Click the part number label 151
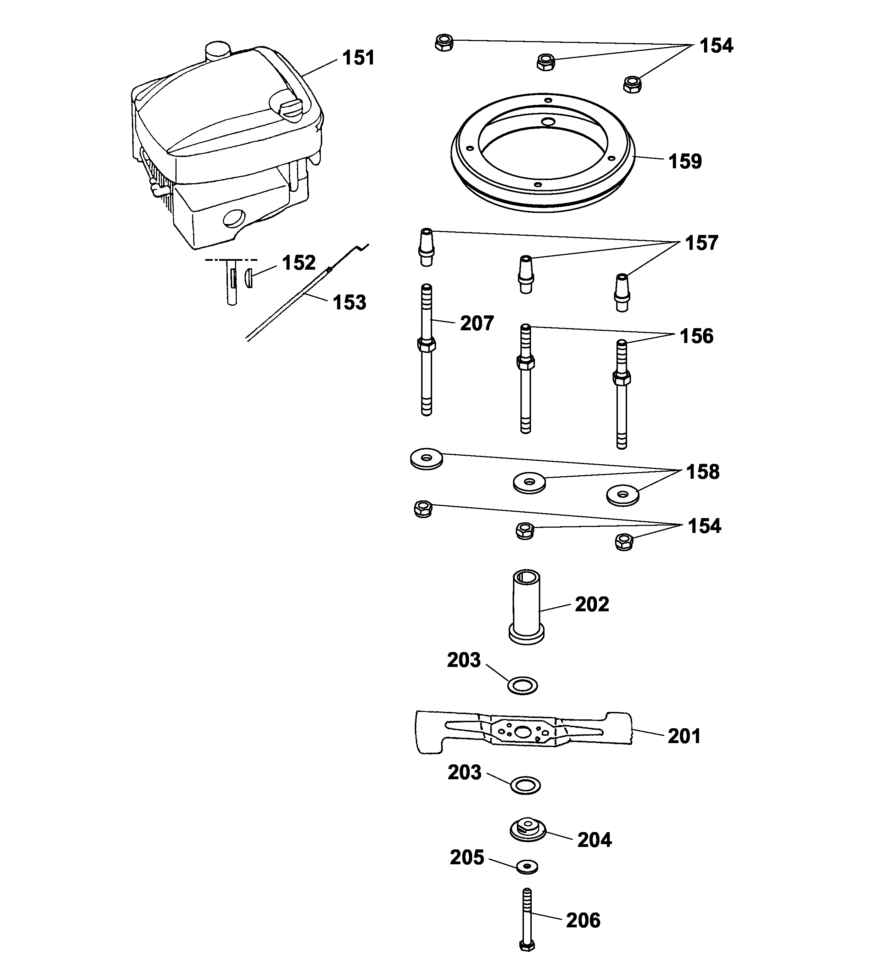(x=358, y=58)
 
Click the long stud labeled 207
(x=426, y=350)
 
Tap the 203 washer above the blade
(x=523, y=685)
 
